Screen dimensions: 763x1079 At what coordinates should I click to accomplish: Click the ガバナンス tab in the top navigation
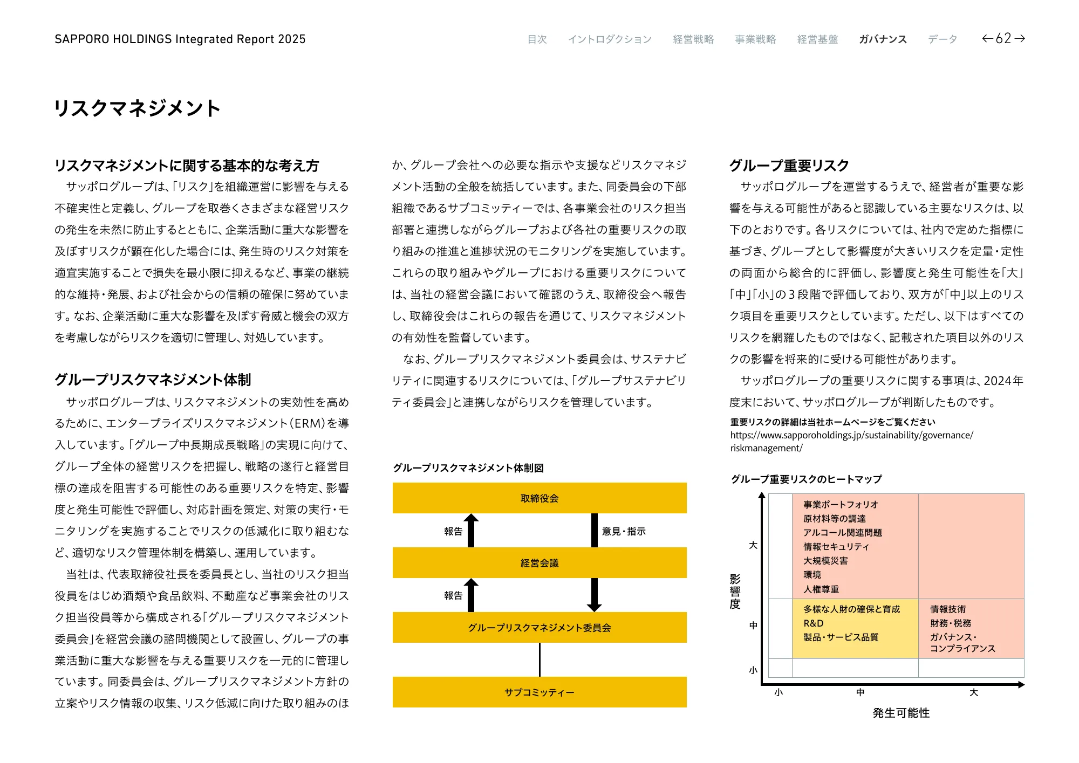[883, 39]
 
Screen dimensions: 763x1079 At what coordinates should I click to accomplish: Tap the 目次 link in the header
[537, 39]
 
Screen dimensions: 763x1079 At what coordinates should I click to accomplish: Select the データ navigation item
[943, 39]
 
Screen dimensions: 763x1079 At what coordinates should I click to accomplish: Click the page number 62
[1003, 38]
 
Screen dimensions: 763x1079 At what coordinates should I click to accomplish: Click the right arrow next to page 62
[1020, 38]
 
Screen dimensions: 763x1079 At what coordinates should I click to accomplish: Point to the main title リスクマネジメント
[138, 108]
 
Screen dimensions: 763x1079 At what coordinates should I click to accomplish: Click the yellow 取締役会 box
[539, 498]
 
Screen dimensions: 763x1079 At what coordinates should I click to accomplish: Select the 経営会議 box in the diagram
[539, 563]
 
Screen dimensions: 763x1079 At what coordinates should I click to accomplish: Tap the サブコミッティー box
[539, 692]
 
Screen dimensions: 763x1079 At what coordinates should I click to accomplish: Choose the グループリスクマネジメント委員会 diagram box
[539, 628]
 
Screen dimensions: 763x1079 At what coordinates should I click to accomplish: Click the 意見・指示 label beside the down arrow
[624, 532]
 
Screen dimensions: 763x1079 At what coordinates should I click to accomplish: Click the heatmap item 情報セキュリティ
[836, 547]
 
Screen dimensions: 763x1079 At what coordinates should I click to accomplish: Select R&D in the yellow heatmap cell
[814, 623]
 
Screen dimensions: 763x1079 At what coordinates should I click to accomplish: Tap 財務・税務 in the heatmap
[951, 623]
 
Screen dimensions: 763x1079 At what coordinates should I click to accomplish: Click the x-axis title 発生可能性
[901, 713]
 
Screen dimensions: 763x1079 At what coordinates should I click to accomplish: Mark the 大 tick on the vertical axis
[753, 545]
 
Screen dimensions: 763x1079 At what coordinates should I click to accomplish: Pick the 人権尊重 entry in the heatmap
[821, 589]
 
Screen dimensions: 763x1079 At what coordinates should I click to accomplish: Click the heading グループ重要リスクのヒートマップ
[806, 479]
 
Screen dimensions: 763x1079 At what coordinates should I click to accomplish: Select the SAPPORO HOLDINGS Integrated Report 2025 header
[180, 39]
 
